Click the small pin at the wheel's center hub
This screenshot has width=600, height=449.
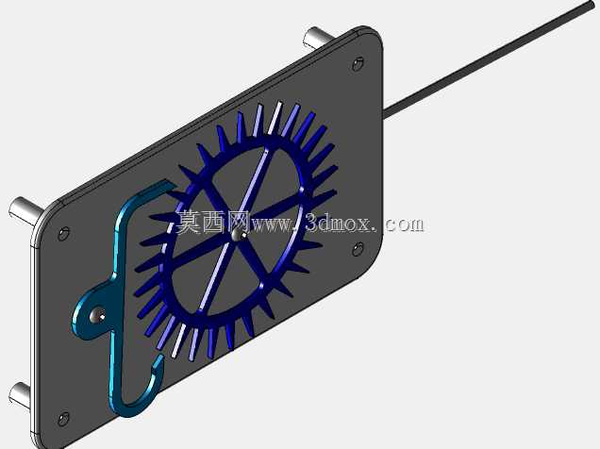237,235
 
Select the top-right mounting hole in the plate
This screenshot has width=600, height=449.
358,64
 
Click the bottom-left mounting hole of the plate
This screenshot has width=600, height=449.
63,419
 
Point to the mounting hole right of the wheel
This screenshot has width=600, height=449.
358,249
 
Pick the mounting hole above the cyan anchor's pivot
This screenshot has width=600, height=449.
63,233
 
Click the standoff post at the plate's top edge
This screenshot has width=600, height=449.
318,37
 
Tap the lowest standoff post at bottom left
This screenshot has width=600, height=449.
21,393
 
